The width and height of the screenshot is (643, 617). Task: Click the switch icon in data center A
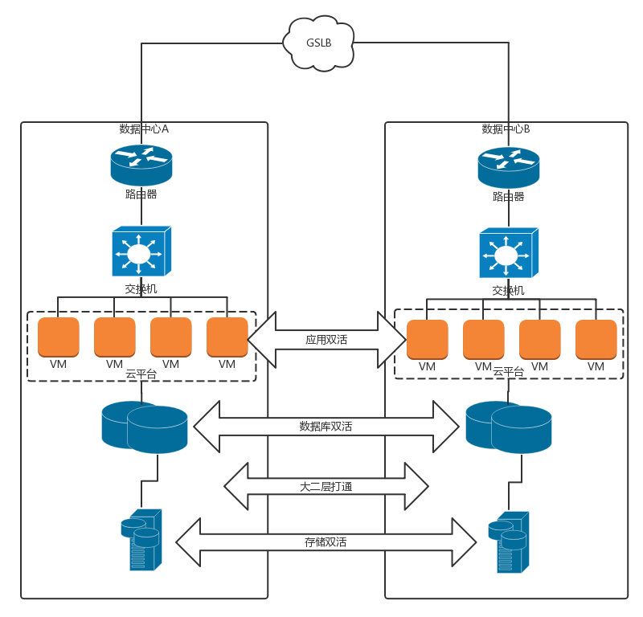coord(141,252)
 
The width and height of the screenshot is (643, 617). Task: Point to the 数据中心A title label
coord(144,129)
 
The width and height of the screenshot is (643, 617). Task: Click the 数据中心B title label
coord(506,129)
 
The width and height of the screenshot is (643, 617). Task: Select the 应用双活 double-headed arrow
coord(326,340)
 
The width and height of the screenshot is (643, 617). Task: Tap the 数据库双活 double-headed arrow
coord(326,426)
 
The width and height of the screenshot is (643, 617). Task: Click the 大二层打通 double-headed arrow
coord(326,486)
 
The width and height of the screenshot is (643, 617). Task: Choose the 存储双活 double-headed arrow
coord(326,542)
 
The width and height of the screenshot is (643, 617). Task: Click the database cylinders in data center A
coord(145,427)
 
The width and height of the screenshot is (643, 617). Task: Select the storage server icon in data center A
coord(142,539)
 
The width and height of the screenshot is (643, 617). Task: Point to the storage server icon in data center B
coord(509,541)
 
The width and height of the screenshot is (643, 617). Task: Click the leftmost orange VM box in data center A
coord(59,337)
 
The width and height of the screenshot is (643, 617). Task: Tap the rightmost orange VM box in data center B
coord(596,339)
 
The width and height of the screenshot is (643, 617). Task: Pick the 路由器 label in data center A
coord(141,194)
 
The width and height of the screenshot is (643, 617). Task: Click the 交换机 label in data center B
coord(508,290)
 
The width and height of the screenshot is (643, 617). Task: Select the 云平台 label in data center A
coord(141,373)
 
